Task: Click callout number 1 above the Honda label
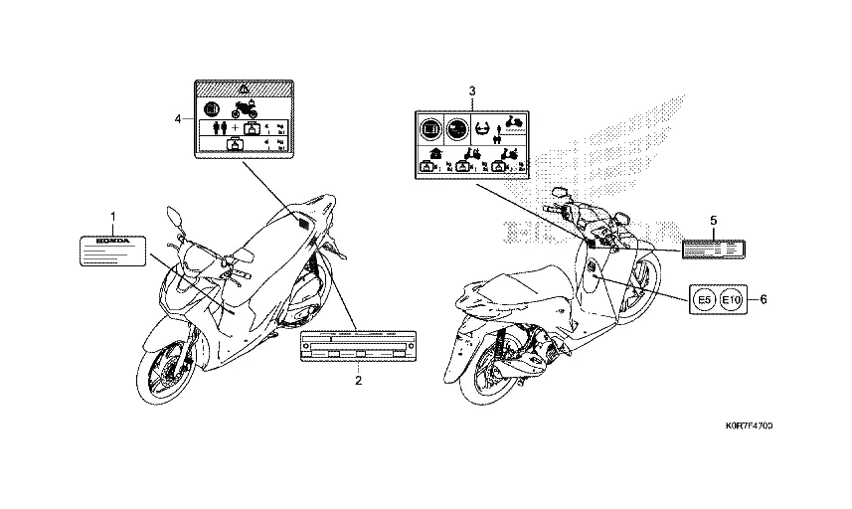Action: (112, 216)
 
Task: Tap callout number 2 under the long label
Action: (359, 380)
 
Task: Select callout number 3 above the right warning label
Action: (472, 91)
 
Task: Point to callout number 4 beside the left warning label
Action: (178, 118)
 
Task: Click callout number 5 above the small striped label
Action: (713, 218)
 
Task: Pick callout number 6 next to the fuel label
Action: (763, 297)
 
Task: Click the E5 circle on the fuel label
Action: (703, 298)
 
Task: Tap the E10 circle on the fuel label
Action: (731, 298)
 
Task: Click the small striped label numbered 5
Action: (714, 249)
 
